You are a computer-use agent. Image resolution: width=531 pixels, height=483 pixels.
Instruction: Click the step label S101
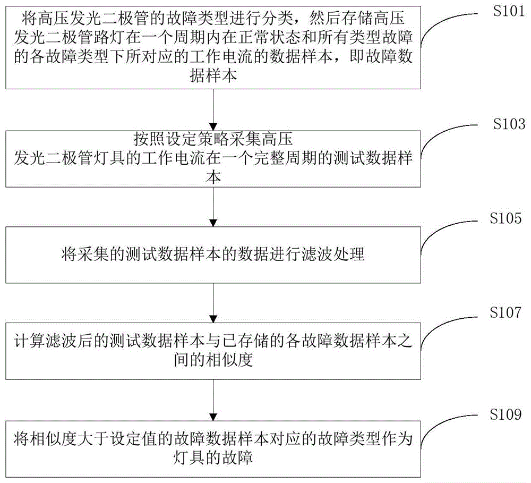[509, 11]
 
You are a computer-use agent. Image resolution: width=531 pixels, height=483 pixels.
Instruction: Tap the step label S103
[509, 124]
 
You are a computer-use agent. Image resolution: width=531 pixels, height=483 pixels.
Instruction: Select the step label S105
[506, 218]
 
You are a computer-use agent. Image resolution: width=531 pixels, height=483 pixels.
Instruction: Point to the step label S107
[506, 312]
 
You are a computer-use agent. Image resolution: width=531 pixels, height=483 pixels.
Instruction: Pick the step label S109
[506, 414]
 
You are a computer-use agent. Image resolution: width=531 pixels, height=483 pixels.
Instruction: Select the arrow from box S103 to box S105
[213, 207]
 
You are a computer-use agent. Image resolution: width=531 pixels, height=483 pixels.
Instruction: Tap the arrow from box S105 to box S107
[213, 303]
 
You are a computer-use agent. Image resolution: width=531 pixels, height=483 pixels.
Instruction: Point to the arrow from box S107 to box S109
[213, 400]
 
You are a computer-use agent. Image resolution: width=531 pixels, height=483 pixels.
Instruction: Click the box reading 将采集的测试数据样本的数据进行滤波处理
[213, 255]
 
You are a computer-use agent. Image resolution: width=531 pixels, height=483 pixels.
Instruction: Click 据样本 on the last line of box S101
[213, 75]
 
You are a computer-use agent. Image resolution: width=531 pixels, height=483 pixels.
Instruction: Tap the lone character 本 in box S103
[213, 177]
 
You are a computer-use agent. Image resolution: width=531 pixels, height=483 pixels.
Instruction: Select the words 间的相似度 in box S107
[213, 360]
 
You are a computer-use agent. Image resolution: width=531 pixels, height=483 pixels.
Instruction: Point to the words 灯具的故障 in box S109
[213, 457]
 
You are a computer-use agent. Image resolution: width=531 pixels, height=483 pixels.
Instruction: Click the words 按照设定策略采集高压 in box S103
[213, 139]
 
